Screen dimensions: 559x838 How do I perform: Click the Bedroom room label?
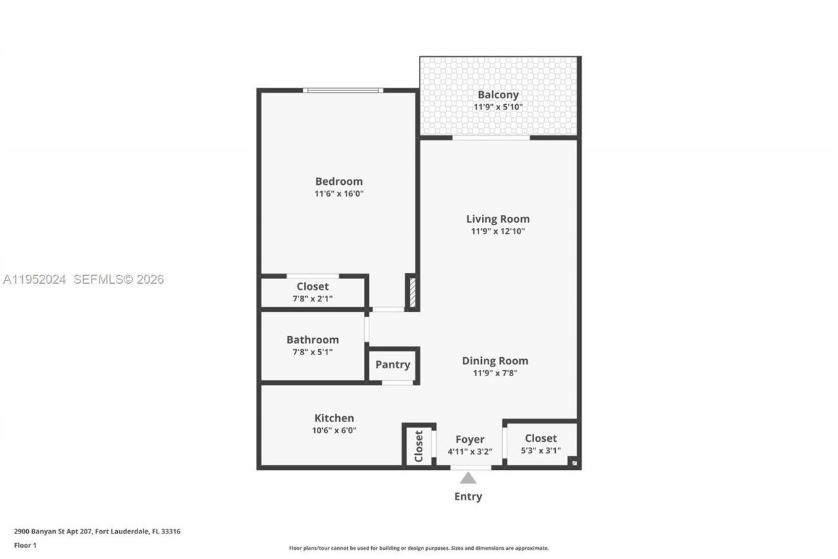pos(338,182)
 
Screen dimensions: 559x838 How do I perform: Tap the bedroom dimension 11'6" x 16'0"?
pos(338,194)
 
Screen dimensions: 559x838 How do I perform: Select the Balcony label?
pos(498,95)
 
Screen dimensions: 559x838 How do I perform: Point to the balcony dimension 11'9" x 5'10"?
pos(498,107)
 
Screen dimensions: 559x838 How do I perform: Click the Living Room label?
pos(498,219)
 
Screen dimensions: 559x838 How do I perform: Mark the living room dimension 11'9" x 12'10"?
pos(498,231)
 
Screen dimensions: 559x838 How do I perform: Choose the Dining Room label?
pos(495,360)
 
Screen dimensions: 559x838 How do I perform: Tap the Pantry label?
pos(393,365)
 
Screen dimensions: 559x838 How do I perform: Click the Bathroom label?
pos(312,339)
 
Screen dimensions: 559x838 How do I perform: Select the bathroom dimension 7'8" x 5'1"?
pos(312,352)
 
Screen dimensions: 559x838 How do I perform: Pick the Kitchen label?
pos(334,418)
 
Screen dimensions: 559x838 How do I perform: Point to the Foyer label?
pos(470,440)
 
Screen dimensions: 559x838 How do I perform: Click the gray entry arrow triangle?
pos(468,478)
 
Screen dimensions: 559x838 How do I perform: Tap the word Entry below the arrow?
pos(468,497)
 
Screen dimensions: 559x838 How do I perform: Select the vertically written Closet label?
pos(418,446)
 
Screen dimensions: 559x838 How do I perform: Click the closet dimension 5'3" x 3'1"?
pos(541,451)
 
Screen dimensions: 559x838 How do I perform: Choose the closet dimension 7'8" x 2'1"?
pos(312,299)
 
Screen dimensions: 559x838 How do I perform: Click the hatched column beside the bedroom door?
pos(412,292)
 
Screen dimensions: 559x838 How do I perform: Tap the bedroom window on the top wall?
pos(343,90)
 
